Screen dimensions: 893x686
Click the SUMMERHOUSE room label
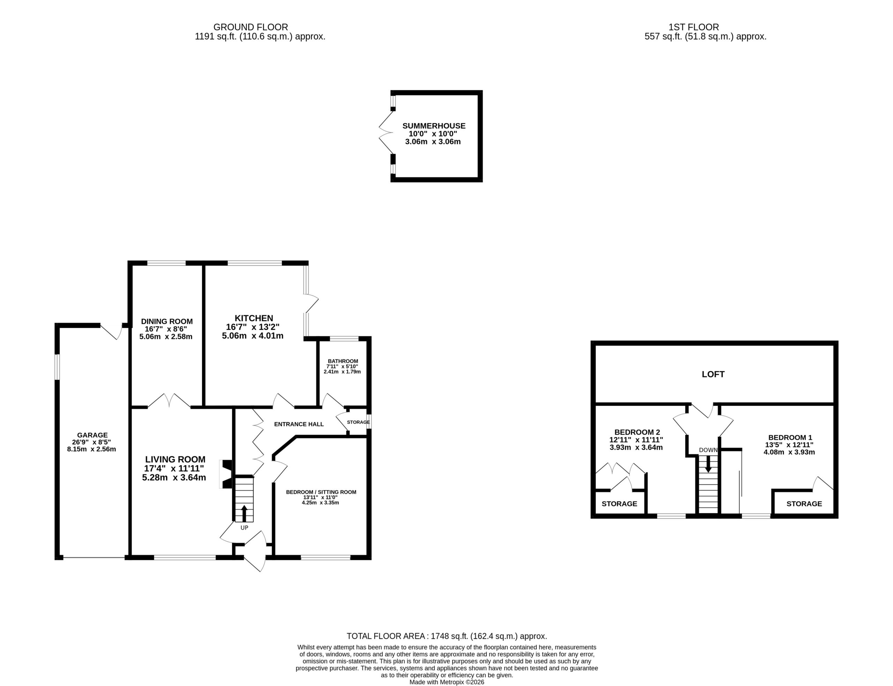click(x=434, y=126)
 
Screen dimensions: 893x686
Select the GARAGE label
click(x=92, y=435)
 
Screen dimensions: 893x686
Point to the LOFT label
click(x=713, y=374)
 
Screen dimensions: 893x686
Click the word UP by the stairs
click(x=244, y=527)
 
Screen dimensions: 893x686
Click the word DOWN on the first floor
click(x=708, y=450)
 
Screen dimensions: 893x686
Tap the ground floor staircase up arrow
click(x=244, y=513)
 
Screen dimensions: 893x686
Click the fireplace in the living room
click(x=227, y=474)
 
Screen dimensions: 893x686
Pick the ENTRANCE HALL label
click(x=299, y=424)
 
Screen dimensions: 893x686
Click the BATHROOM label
click(x=343, y=361)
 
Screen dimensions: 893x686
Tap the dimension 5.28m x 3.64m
click(x=174, y=477)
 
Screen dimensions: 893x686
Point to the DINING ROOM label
click(x=167, y=321)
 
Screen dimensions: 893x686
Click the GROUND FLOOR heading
click(x=250, y=27)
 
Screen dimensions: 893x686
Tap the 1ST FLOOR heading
click(x=694, y=27)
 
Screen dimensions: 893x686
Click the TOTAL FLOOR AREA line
click(x=446, y=636)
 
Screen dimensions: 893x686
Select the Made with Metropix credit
click(x=447, y=682)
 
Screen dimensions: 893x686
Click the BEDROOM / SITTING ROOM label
click(x=321, y=492)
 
